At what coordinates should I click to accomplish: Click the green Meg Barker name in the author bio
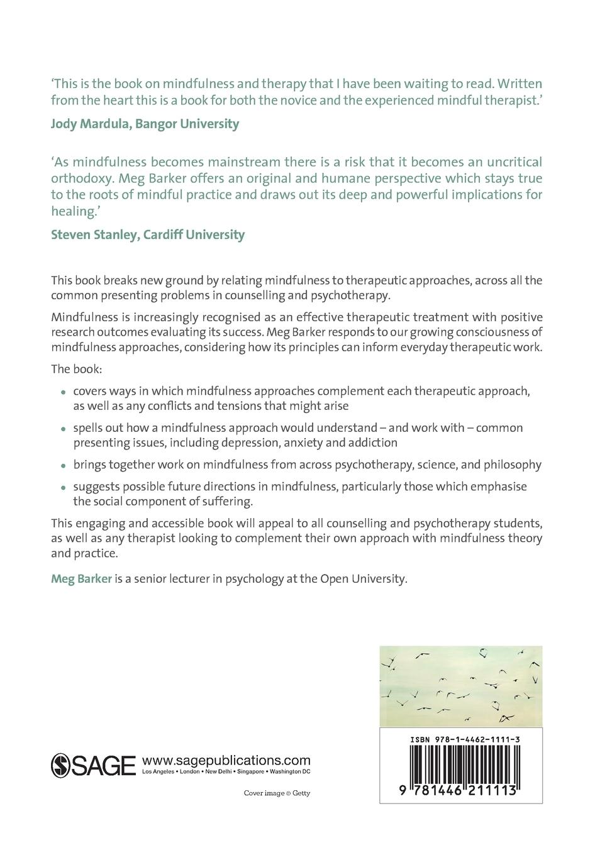[x=81, y=579]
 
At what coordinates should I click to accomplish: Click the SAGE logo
[x=93, y=764]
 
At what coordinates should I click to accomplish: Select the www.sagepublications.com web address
[x=226, y=759]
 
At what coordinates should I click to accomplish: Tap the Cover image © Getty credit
[x=277, y=793]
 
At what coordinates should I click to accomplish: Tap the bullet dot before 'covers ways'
[x=64, y=392]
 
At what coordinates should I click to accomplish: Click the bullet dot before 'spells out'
[x=64, y=429]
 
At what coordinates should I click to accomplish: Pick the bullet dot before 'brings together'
[x=64, y=466]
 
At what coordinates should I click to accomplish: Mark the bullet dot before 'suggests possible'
[x=64, y=488]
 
